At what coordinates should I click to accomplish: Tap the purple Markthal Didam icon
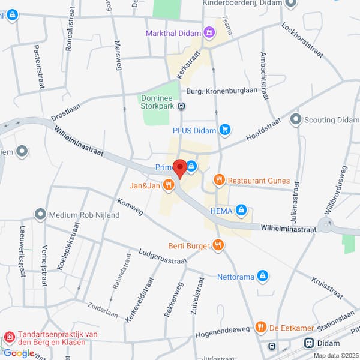(x=209, y=32)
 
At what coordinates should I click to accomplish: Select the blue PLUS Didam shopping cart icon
(x=225, y=129)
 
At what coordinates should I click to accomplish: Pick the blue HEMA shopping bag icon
(x=241, y=210)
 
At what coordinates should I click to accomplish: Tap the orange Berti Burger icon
(x=218, y=245)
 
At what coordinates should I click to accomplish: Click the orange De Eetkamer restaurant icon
(x=260, y=327)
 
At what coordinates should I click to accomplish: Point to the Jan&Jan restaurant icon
(x=169, y=186)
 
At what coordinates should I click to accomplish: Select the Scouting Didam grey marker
(x=295, y=119)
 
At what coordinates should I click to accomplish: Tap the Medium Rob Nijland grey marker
(x=40, y=214)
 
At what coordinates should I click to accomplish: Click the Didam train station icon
(x=310, y=343)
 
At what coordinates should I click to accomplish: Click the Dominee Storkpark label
(x=160, y=103)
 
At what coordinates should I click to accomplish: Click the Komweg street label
(x=131, y=208)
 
